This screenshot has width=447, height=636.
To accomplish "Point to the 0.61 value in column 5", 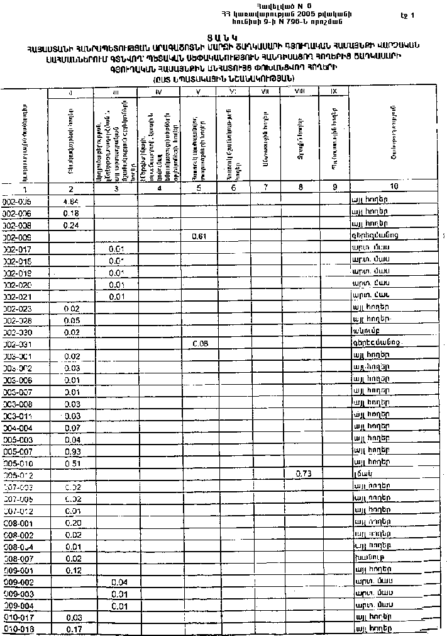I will point(199,237).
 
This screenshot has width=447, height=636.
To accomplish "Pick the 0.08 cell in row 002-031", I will point(199,344).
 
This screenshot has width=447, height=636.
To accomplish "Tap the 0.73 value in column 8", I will point(303,474).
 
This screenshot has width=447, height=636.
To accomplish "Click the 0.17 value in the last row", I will point(74,629).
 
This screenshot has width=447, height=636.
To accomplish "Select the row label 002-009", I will point(17,237).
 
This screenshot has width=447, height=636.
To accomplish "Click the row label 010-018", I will point(17,629).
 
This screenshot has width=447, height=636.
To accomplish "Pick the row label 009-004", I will point(17,605).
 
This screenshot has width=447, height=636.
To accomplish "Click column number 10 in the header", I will point(394,186).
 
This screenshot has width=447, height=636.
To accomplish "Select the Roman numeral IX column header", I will point(334,92).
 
